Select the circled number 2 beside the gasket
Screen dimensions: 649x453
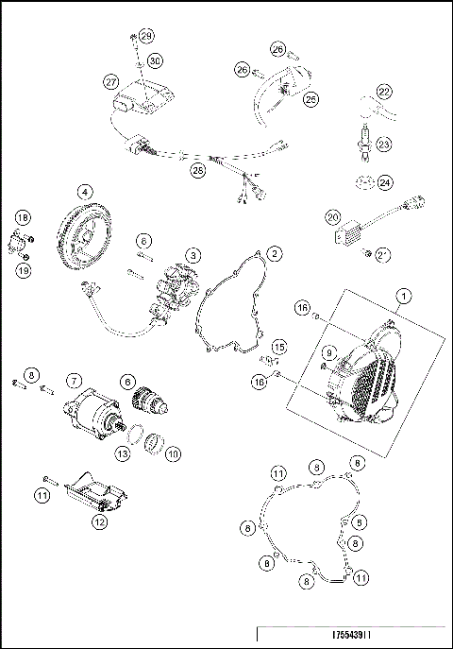pyautogui.click(x=273, y=253)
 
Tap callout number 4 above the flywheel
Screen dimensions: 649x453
pyautogui.click(x=86, y=191)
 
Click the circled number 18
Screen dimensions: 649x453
pyautogui.click(x=22, y=218)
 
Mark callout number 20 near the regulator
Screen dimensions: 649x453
pyautogui.click(x=332, y=216)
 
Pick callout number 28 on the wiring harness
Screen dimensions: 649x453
pyautogui.click(x=197, y=171)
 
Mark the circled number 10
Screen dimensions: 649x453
pyautogui.click(x=174, y=453)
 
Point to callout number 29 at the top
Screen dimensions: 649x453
pyautogui.click(x=146, y=35)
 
